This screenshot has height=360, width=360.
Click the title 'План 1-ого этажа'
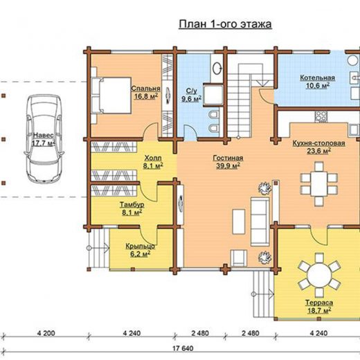226,24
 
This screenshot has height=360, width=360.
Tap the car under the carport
44,139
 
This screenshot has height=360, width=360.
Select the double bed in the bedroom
111,96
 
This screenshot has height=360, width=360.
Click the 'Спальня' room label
145,89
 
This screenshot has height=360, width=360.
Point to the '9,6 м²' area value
191,99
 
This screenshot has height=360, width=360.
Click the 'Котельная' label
317,78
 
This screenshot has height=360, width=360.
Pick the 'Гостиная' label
228,158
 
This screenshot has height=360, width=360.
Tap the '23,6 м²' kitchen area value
318,151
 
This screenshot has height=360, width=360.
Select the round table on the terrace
319,276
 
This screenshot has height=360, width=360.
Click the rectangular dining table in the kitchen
319,183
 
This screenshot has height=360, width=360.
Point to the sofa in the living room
260,222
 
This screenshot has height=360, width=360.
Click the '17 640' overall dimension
183,348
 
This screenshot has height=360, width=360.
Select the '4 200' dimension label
46,333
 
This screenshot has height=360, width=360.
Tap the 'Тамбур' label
132,205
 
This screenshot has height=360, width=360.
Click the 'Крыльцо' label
140,246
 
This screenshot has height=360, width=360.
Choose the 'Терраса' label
319,303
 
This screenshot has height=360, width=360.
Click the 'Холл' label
153,158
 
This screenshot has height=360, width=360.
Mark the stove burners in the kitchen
321,116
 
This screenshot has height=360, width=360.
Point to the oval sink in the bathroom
217,68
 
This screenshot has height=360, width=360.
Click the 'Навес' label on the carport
44,135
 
